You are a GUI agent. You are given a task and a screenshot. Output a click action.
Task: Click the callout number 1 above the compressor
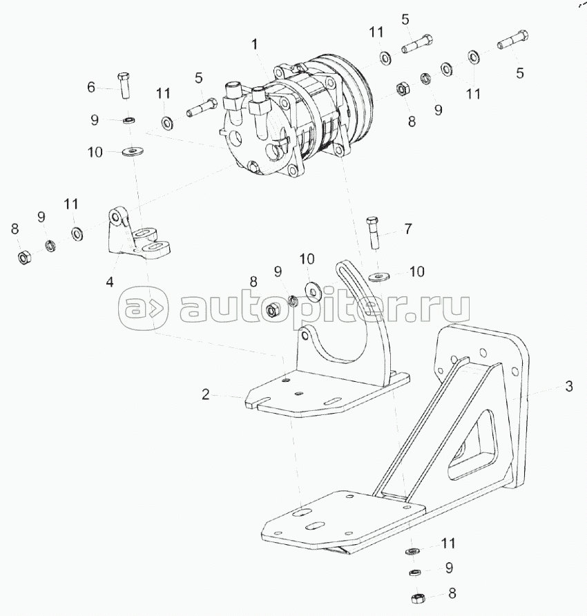(255, 44)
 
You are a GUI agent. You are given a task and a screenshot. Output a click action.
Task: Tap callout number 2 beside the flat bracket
(206, 394)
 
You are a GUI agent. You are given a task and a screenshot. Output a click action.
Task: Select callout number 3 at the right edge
(569, 387)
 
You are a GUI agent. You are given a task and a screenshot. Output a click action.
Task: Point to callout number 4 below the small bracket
(110, 282)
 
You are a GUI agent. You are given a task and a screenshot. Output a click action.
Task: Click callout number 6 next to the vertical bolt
(90, 87)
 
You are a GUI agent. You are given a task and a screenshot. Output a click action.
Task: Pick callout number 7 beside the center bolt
(408, 229)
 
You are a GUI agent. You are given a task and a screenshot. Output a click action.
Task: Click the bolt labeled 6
(124, 86)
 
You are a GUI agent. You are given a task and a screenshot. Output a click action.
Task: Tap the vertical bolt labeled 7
(372, 233)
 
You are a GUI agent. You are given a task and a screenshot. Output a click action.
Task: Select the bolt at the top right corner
(512, 39)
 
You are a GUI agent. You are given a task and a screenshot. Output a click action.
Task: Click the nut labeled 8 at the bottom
(416, 599)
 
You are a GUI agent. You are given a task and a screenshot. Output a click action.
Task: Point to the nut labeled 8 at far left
(24, 258)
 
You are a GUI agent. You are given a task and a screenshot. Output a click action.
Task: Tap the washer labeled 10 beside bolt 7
(379, 276)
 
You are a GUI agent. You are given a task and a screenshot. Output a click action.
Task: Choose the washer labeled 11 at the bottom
(412, 551)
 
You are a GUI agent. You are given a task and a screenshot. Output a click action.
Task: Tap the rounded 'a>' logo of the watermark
(143, 307)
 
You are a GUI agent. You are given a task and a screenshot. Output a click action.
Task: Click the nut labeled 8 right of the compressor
(403, 89)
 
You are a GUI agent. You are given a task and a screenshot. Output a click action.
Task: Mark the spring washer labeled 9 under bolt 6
(128, 119)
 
